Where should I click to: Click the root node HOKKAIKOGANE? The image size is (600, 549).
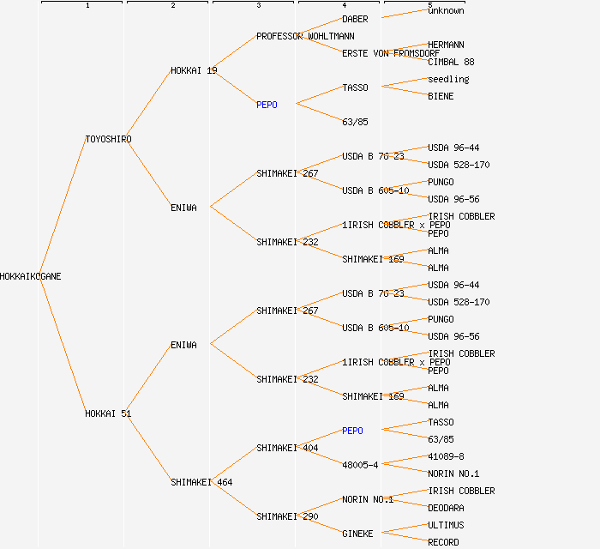pyautogui.click(x=31, y=276)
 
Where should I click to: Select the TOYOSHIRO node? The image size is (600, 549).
pyautogui.click(x=108, y=139)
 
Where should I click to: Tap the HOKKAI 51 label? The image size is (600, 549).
pyautogui.click(x=108, y=413)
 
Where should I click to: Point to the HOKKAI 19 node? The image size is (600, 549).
pyautogui.click(x=194, y=70)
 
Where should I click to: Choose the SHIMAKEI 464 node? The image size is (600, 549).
pyautogui.click(x=201, y=482)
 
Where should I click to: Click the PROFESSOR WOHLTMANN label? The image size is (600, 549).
pyautogui.click(x=305, y=36)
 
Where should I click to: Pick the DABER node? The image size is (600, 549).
pyautogui.click(x=356, y=19)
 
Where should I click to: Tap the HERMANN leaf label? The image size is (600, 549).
pyautogui.click(x=446, y=45)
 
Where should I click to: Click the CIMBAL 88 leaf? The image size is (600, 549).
pyautogui.click(x=451, y=62)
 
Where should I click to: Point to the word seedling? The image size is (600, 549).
pyautogui.click(x=448, y=79)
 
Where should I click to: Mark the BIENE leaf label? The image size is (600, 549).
pyautogui.click(x=441, y=96)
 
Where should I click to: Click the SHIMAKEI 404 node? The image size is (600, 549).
pyautogui.click(x=287, y=448)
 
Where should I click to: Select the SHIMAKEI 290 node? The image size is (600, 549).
pyautogui.click(x=287, y=516)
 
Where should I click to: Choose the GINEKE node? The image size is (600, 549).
pyautogui.click(x=357, y=534)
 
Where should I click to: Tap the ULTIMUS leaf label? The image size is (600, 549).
pyautogui.click(x=446, y=525)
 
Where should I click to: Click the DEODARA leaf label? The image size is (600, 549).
pyautogui.click(x=446, y=508)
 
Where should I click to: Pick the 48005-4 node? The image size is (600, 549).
pyautogui.click(x=360, y=465)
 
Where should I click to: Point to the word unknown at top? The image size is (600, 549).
pyautogui.click(x=446, y=10)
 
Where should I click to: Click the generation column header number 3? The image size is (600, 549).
pyautogui.click(x=258, y=6)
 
